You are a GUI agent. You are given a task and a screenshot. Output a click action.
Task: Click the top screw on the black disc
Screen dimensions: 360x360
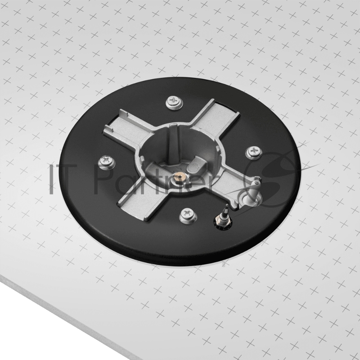[175, 102]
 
